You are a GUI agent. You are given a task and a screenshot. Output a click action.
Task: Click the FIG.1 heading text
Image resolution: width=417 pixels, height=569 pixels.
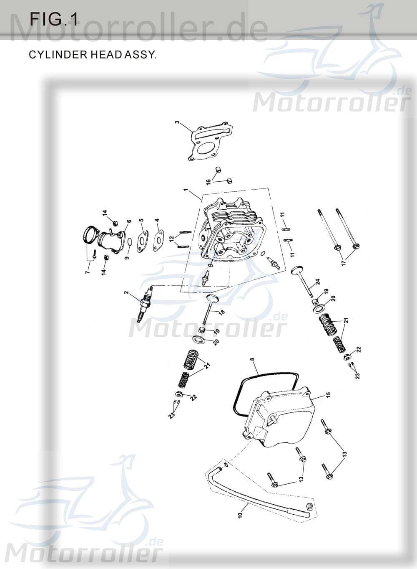click(53, 19)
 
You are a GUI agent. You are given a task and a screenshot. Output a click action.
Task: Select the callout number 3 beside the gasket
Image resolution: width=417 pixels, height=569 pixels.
click(177, 123)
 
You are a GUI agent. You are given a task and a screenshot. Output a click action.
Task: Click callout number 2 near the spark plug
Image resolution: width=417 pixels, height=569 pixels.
click(126, 293)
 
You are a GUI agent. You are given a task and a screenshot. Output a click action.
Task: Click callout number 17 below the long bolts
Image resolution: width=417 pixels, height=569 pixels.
click(344, 264)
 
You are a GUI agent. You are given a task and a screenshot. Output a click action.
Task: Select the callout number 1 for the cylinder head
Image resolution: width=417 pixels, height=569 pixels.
click(186, 191)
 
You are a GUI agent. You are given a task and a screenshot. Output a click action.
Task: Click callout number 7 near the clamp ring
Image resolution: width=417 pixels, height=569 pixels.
click(87, 272)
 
